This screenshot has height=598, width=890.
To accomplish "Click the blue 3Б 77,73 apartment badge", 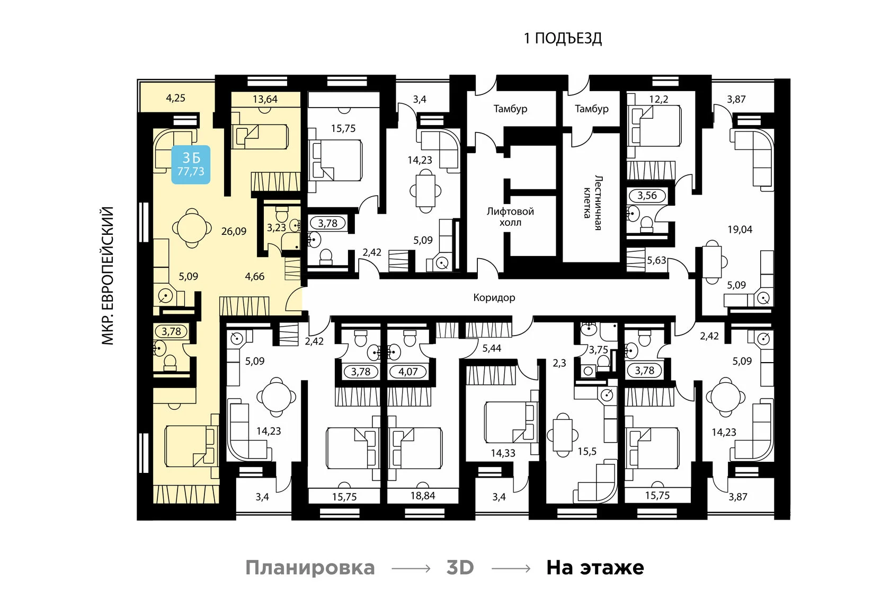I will [191, 164].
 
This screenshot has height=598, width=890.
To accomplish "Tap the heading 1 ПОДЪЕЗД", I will [563, 38].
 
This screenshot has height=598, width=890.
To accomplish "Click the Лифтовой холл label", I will [510, 217].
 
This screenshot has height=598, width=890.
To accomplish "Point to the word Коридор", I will [494, 298].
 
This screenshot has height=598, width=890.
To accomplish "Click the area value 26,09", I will [234, 231].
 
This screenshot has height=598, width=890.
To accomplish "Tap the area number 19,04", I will [740, 230].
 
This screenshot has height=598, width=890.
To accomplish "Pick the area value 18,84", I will [422, 496].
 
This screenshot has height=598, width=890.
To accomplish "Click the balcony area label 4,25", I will [175, 98].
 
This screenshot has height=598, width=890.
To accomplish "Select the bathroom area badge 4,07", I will [408, 372].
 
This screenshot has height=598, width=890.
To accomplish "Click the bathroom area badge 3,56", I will [647, 196].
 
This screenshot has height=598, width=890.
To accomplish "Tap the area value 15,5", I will [587, 451].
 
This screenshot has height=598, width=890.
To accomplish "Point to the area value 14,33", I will [503, 453].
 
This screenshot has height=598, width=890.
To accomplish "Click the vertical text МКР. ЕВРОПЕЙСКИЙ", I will [108, 276].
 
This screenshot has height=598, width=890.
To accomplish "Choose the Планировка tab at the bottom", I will [310, 568].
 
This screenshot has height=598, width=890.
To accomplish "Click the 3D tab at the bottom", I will [460, 568].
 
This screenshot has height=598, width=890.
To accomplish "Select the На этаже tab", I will [595, 568].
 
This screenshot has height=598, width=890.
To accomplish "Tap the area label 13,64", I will [265, 99].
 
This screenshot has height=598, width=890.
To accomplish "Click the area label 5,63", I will [656, 260].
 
